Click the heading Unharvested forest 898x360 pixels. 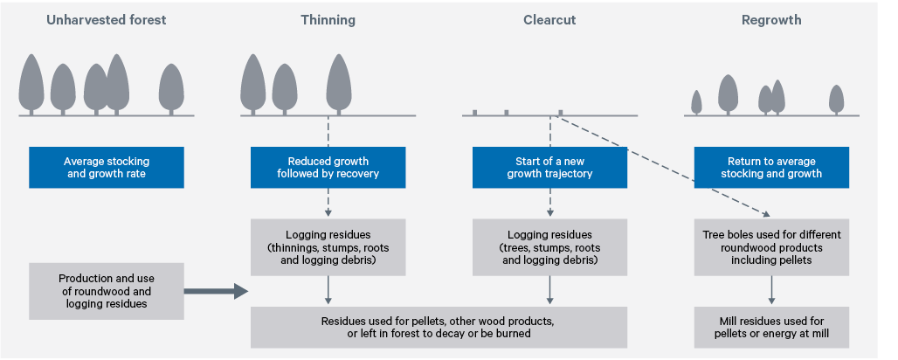coord(106,19)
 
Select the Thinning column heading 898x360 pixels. coord(328,19)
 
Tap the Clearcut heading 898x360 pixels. coord(549,19)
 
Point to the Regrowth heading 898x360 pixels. coord(771,19)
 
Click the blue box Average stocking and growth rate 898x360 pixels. coord(107,167)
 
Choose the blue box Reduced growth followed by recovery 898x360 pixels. coord(328,167)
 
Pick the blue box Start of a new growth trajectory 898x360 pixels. coord(549,167)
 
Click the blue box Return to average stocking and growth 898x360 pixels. coord(771,167)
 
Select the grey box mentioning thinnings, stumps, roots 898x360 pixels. coord(328,246)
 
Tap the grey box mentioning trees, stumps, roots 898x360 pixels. coord(549,246)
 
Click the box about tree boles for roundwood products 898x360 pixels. coord(771,246)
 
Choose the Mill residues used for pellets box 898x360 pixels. coord(771,327)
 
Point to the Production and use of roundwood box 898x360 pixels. coord(107,291)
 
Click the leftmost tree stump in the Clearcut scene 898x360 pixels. coord(474,113)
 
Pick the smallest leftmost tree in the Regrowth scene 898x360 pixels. coord(696,102)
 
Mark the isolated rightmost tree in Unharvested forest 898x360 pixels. coord(171,89)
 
